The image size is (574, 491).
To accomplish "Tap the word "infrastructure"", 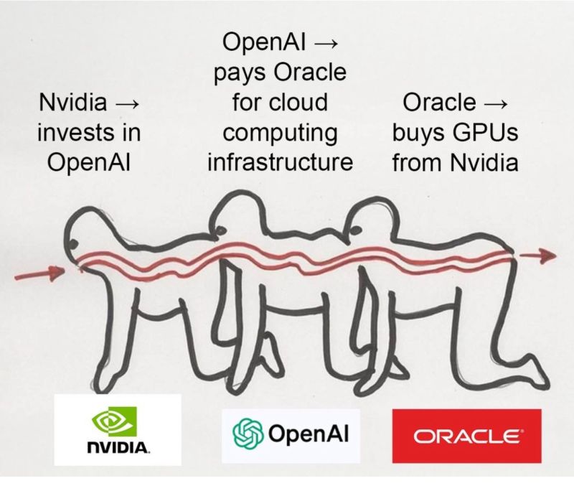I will coord(281,162).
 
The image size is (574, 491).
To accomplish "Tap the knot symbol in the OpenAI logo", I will coord(247,433).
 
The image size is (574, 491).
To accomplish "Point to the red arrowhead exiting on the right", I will coord(547,255).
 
